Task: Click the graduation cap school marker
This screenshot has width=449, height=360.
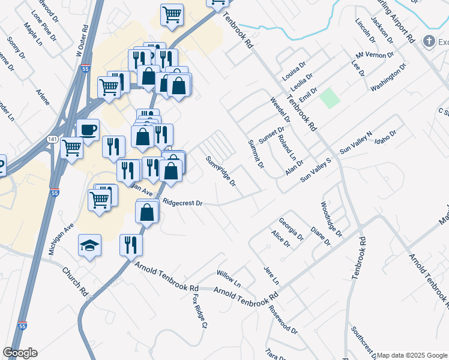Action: click(x=89, y=245)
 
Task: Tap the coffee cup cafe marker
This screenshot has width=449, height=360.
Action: click(x=88, y=130)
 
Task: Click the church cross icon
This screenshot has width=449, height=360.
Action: click(x=429, y=41)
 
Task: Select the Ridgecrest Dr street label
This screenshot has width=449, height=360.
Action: click(x=183, y=203)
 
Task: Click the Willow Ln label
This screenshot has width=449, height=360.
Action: click(x=228, y=278)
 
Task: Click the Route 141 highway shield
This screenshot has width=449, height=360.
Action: click(x=52, y=139)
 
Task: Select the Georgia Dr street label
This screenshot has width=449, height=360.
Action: click(x=291, y=229)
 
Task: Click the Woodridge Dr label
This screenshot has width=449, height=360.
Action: click(x=331, y=219)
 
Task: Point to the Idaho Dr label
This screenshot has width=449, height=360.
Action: click(x=385, y=137)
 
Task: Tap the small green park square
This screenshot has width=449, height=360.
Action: click(x=328, y=98)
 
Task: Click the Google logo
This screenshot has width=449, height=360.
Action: click(x=20, y=353)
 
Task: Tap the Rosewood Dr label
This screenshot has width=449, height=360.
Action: click(x=283, y=321)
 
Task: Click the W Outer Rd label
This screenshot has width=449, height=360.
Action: click(x=82, y=40)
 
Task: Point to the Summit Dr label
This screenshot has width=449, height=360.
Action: click(x=256, y=154)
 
